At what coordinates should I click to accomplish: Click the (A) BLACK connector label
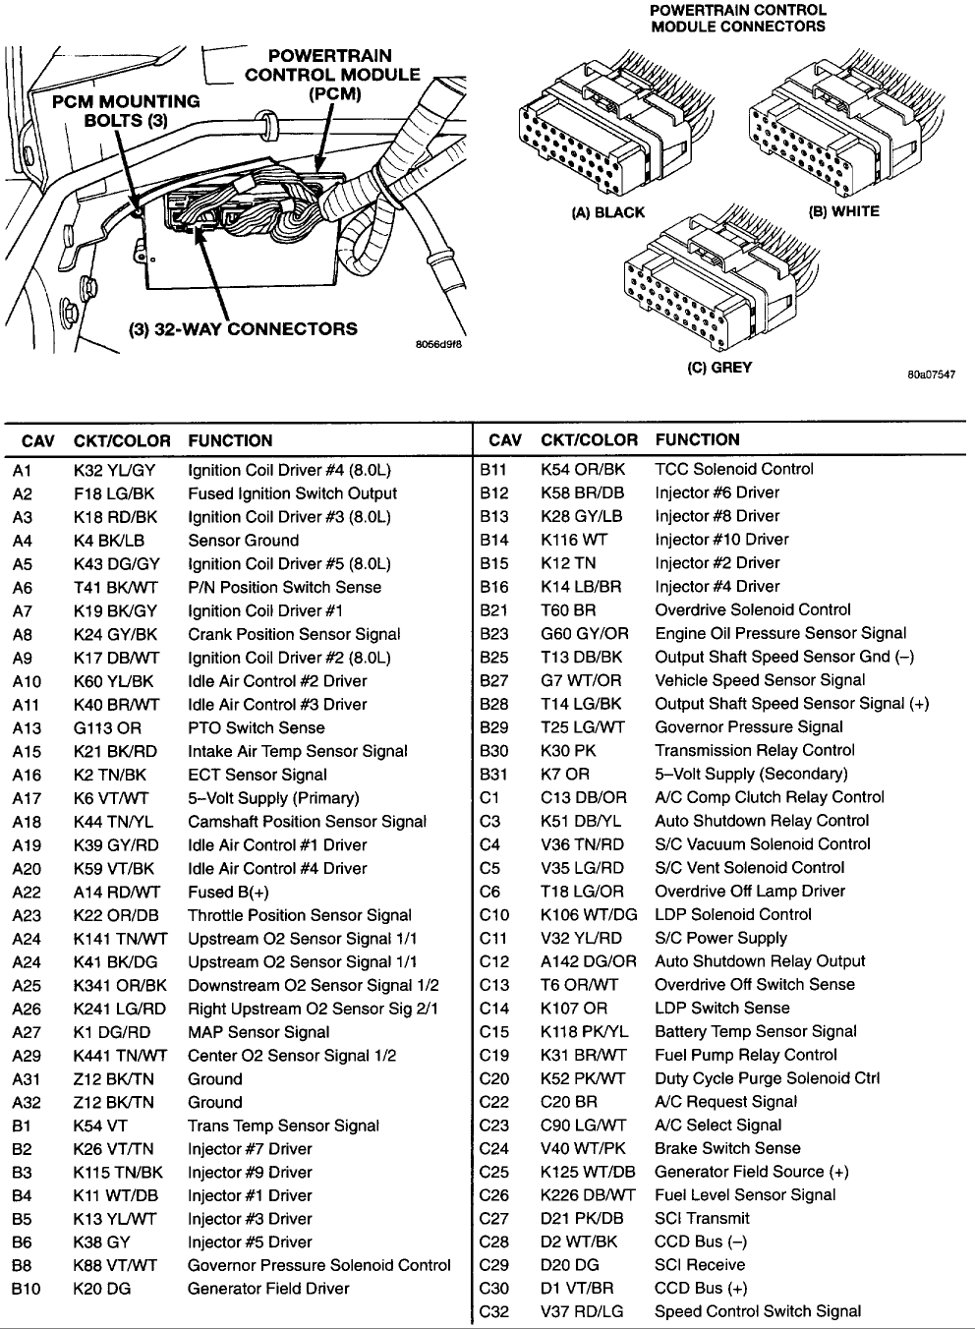coord(607,212)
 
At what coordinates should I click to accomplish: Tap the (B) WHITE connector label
coord(843,210)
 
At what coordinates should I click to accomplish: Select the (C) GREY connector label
coord(718,368)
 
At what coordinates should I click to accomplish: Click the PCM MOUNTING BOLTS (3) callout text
coord(126,111)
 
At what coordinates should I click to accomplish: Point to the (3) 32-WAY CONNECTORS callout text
coord(244,329)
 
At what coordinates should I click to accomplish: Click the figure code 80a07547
coord(932,375)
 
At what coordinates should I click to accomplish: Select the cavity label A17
coord(27,798)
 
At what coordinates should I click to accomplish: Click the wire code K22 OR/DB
coord(115,915)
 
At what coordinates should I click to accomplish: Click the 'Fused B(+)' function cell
coord(228,892)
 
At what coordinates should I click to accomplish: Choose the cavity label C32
coord(494,1311)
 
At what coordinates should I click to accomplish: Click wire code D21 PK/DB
coord(582,1218)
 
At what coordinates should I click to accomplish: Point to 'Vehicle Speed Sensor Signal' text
coord(760,680)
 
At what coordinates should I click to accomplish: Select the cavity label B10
coord(27,1289)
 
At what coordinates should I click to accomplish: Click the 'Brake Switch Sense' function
coord(727,1148)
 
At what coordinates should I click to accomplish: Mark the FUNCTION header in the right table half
coord(697,440)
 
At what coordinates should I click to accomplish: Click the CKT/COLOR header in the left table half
coord(122,441)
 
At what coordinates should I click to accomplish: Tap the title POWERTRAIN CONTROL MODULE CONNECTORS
coord(738,18)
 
